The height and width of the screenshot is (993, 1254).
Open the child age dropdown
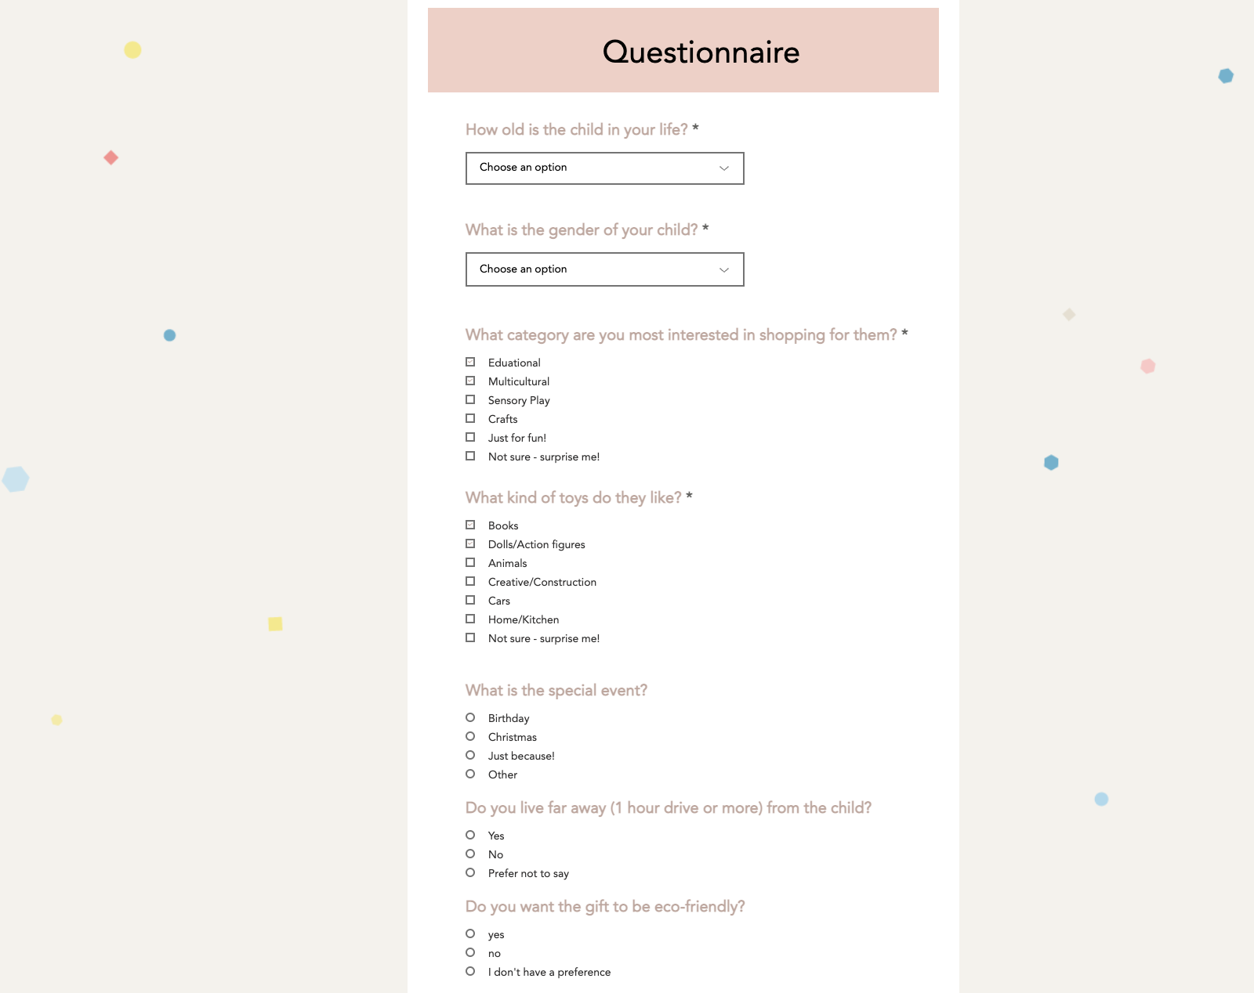pos(604,168)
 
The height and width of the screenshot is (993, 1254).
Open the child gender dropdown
pos(604,269)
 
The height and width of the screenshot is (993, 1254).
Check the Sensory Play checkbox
pos(470,400)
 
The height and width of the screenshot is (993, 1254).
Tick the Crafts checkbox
pos(470,419)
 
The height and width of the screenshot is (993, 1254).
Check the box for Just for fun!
pos(470,438)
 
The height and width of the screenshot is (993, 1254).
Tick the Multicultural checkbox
pos(470,381)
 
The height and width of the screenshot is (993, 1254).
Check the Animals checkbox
pos(470,563)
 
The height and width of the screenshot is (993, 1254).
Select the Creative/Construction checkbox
pos(470,582)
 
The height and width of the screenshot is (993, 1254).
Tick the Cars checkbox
pos(470,601)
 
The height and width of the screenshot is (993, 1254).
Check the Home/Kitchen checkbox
pos(470,619)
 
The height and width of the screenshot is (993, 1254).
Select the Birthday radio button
pos(470,718)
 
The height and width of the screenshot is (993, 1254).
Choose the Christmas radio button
pos(470,737)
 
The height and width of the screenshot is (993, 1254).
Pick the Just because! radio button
pos(470,756)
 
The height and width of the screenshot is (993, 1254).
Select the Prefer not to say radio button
pos(470,873)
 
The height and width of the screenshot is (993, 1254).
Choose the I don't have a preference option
pos(470,972)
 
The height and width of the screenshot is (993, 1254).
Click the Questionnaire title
pos(701,52)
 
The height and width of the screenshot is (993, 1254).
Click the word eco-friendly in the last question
pos(698,907)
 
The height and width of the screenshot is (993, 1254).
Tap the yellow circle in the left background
pos(132,50)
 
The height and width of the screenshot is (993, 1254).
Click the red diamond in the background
pos(111,158)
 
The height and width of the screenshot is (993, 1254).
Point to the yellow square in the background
pos(275,624)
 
